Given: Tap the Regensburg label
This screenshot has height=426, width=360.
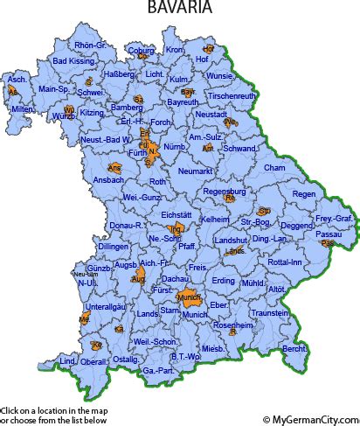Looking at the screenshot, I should [x=223, y=190].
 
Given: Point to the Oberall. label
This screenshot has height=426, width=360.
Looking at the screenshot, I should [x=94, y=360].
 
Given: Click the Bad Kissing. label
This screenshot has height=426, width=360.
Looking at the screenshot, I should [x=72, y=61].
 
